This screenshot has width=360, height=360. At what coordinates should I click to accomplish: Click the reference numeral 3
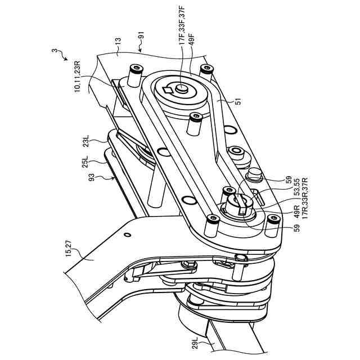point(55,52)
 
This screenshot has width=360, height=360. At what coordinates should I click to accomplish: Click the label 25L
point(85,163)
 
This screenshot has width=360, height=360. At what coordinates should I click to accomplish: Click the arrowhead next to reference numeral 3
point(66,60)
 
